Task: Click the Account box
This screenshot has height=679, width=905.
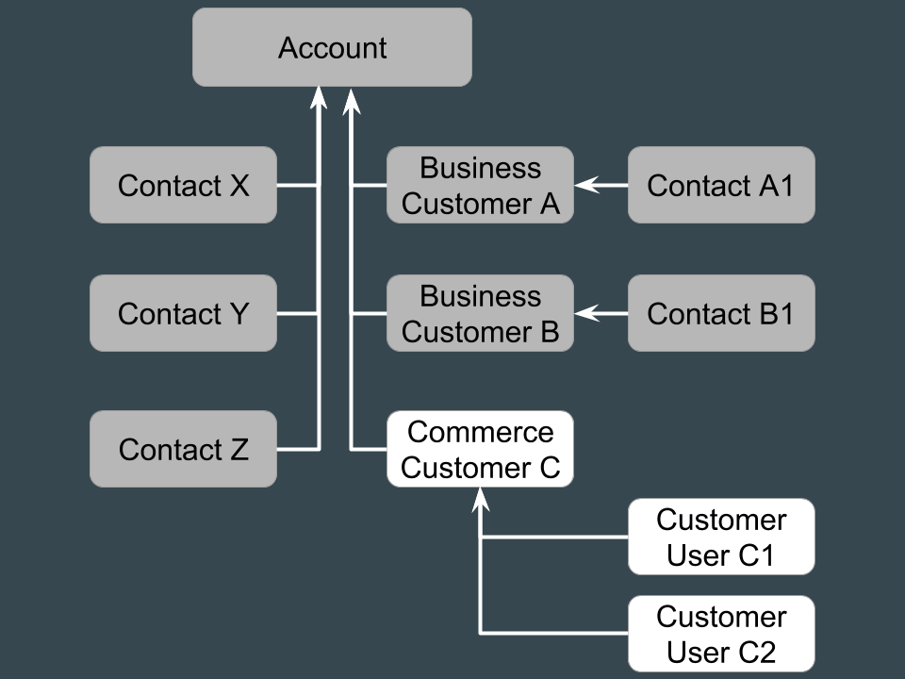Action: click(332, 47)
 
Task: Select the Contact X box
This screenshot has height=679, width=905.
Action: click(184, 185)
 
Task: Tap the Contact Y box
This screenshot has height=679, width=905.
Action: click(184, 313)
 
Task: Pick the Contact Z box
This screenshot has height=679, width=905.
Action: click(184, 449)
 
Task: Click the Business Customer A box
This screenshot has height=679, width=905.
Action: click(480, 185)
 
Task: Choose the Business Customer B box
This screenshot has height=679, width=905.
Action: click(480, 313)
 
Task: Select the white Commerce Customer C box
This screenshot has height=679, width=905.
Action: click(480, 449)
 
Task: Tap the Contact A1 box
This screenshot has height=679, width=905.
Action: click(721, 185)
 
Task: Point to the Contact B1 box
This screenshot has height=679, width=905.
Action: click(721, 313)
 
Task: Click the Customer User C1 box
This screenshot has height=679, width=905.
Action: click(721, 537)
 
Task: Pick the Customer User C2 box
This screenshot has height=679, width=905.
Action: click(721, 634)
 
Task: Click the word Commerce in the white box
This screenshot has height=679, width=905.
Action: click(480, 432)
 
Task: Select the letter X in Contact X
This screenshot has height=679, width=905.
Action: click(239, 186)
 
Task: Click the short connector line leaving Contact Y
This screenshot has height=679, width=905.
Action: click(297, 313)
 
